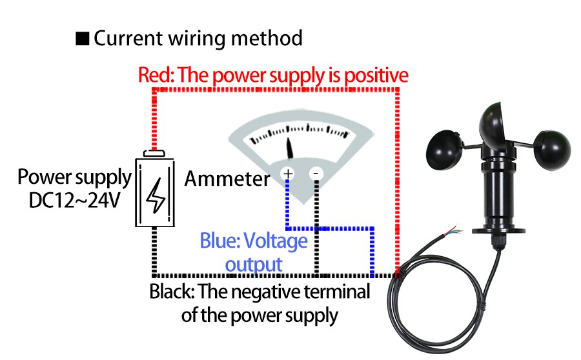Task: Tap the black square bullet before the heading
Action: click(82, 39)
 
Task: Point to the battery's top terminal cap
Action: click(155, 154)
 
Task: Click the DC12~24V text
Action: click(75, 201)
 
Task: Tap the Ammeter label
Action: click(227, 179)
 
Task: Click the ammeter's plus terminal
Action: click(287, 174)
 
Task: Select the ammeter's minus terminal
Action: click(316, 174)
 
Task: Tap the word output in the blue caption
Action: click(254, 264)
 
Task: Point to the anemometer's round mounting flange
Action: click(500, 226)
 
